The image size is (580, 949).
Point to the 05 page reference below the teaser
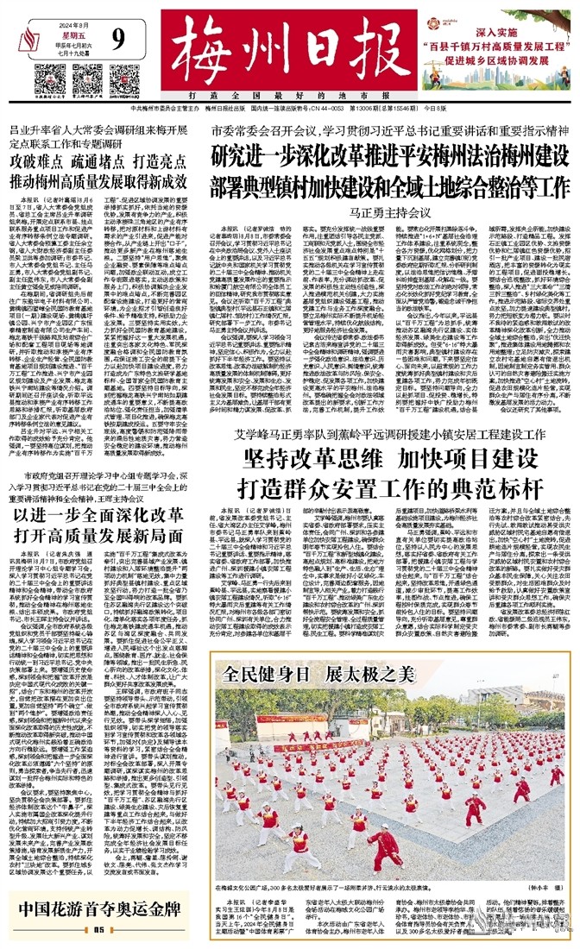click(x=97, y=930)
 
